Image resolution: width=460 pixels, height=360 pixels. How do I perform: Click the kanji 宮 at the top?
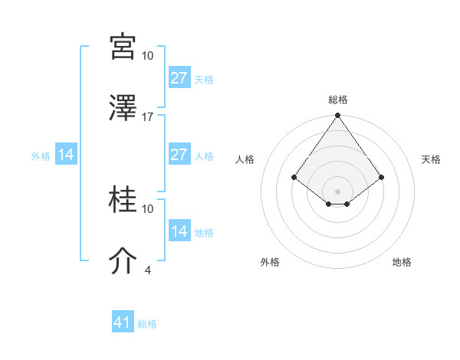[x=123, y=47]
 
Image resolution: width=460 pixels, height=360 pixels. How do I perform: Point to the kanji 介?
[x=123, y=261]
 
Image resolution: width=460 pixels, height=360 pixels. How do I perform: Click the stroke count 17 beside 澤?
[x=148, y=116]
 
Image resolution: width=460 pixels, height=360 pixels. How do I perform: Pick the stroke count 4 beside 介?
[x=148, y=270]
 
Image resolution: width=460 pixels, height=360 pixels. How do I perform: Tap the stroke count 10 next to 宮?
[x=148, y=55]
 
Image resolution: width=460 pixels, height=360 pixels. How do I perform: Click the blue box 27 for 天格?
[x=179, y=78]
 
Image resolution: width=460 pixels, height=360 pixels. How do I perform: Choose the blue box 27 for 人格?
[x=179, y=155]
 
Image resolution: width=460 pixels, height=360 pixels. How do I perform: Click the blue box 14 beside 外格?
[x=66, y=155]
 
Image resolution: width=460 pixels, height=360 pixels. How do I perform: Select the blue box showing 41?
[x=123, y=322]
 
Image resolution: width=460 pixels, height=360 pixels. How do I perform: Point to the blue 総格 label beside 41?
[x=147, y=324]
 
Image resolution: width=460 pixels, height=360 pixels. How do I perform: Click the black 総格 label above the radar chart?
[x=337, y=100]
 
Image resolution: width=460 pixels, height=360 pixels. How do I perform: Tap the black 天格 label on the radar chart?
[x=431, y=159]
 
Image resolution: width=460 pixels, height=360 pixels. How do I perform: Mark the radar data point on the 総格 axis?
[x=337, y=116]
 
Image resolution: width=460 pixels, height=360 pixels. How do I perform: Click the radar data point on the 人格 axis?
[x=294, y=177]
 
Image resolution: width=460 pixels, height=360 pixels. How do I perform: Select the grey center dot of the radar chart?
[x=337, y=191]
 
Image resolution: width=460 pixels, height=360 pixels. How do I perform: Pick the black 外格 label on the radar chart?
[x=270, y=262]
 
